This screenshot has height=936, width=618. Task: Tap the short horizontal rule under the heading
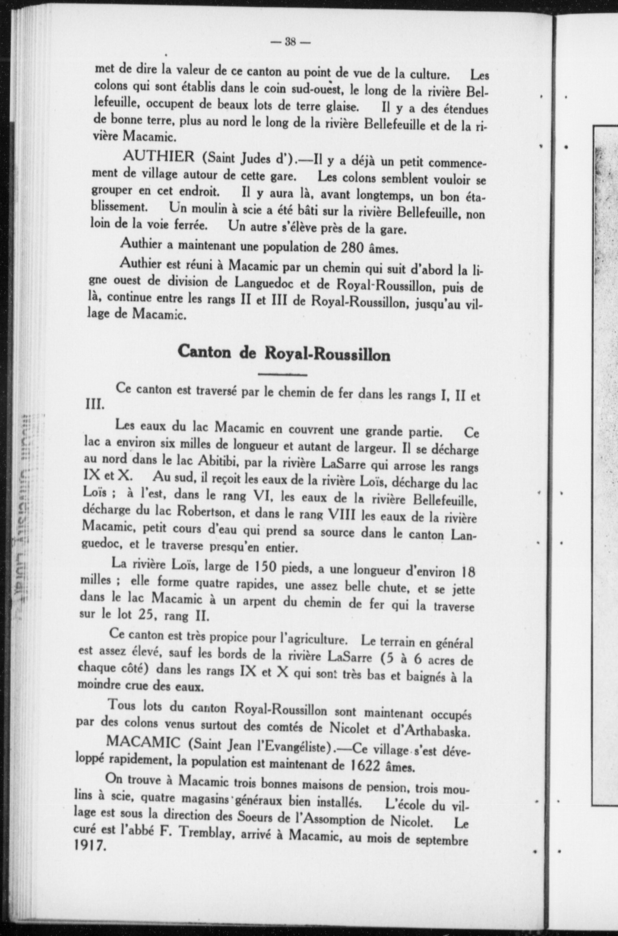(282, 374)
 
